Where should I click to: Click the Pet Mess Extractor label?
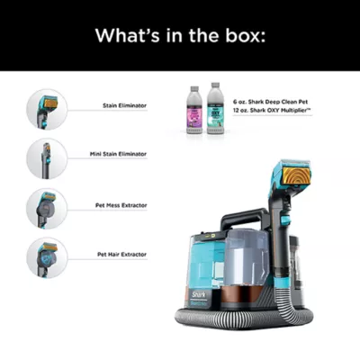[x=121, y=204]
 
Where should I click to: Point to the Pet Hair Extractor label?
[x=121, y=255]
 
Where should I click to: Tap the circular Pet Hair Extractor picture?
[x=45, y=256]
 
